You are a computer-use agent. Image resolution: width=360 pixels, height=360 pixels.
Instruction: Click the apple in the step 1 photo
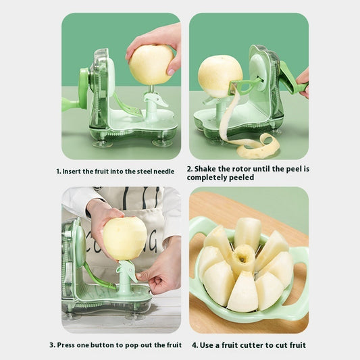click(x=151, y=65)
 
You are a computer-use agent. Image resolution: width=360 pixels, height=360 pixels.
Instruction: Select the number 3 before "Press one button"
click(x=51, y=345)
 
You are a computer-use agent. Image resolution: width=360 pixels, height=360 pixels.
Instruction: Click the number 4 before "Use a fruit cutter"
click(x=194, y=345)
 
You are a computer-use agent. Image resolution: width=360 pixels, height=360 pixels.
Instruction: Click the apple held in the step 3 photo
click(x=124, y=238)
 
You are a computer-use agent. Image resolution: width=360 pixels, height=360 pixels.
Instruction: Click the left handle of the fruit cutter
click(x=197, y=233)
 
